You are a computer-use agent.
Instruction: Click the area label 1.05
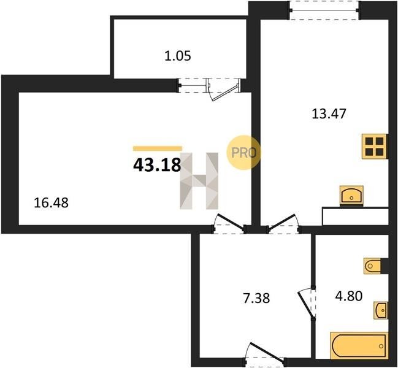tap(177, 56)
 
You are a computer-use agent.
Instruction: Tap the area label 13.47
tap(329, 113)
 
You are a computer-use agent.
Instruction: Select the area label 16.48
tap(51, 203)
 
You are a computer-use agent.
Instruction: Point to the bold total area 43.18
tap(157, 165)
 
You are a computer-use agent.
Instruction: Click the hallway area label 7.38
tap(256, 298)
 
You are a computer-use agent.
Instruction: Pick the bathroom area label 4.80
tap(349, 296)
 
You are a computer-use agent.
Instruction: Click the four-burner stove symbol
tap(375, 147)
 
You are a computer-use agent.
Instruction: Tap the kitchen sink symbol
tap(351, 195)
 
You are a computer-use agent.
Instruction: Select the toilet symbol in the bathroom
tap(372, 266)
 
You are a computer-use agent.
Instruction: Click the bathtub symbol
tap(359, 345)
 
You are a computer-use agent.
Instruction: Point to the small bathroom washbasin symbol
tap(380, 310)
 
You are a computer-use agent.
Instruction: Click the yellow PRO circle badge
tap(243, 152)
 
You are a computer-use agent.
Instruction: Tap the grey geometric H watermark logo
tap(199, 181)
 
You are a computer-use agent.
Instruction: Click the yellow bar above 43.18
tap(158, 148)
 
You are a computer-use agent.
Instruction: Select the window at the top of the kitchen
tap(325, 10)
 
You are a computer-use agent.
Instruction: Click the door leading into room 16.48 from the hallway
tap(229, 224)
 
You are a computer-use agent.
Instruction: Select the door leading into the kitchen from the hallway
tap(283, 224)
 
